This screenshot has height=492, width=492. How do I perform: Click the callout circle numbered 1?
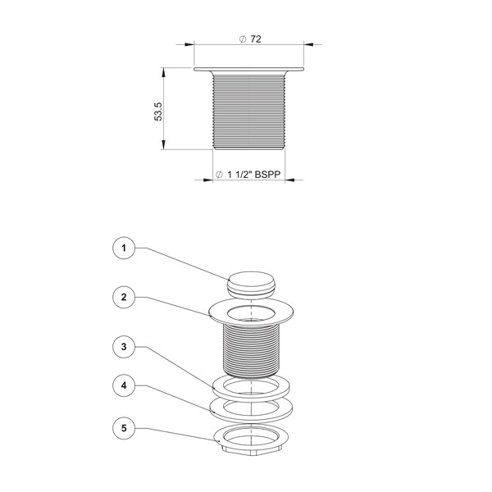click(x=124, y=248)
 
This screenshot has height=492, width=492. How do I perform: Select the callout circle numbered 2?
click(x=124, y=297)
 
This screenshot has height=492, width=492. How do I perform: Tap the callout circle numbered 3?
click(x=124, y=347)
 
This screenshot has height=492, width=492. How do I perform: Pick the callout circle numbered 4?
click(x=124, y=385)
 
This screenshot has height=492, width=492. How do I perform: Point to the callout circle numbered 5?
click(x=124, y=428)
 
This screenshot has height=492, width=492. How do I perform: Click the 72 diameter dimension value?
click(x=256, y=39)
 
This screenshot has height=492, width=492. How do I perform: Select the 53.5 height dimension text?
click(x=158, y=112)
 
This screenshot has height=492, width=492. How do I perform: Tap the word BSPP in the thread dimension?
click(x=267, y=175)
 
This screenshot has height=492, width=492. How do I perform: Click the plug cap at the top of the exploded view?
click(x=252, y=284)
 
